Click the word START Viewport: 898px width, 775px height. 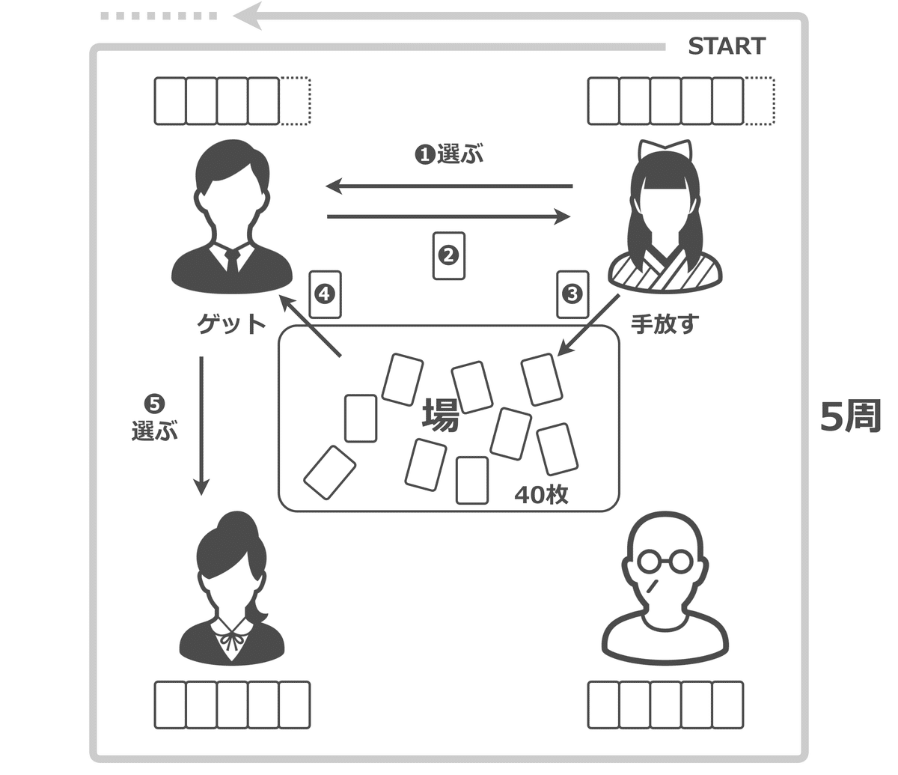[x=726, y=46]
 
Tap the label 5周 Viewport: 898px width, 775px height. [x=850, y=416]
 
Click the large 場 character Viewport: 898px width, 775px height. [x=440, y=414]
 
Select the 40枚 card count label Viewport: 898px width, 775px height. [x=541, y=494]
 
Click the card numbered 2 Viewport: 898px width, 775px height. [x=448, y=256]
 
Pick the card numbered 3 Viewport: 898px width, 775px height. [x=572, y=294]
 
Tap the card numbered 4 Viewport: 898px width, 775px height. [x=325, y=294]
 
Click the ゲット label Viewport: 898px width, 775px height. [x=230, y=323]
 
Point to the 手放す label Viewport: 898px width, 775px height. [x=664, y=323]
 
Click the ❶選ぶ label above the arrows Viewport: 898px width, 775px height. [x=449, y=155]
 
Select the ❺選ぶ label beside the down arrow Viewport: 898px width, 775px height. [x=154, y=419]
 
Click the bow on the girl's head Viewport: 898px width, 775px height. [x=665, y=149]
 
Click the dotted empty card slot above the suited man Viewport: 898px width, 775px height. [x=295, y=101]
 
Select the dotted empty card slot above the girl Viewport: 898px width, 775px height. [x=760, y=101]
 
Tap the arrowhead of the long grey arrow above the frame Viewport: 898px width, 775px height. [x=247, y=15]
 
